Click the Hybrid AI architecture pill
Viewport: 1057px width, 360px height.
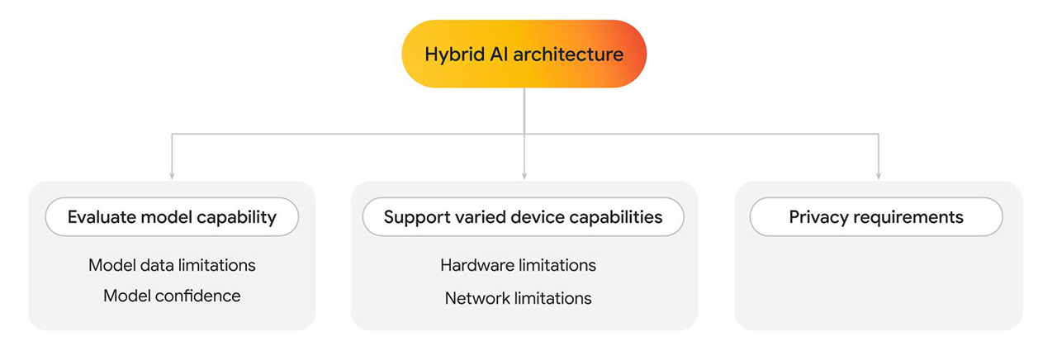pos(524,54)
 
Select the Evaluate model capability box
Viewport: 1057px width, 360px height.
pos(172,217)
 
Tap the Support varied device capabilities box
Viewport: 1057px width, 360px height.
pos(524,217)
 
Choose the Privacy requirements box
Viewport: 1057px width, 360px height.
pos(876,217)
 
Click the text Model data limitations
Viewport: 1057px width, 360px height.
pos(172,265)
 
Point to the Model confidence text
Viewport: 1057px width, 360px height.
pos(172,296)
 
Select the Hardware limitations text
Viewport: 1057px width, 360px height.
pos(518,265)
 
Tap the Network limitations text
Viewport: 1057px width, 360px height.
pos(518,298)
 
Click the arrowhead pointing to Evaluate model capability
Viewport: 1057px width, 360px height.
pos(172,174)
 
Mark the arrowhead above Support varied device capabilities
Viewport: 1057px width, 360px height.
pos(524,174)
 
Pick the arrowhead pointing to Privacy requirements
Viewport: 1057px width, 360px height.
pos(878,174)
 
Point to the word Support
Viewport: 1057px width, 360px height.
pos(416,217)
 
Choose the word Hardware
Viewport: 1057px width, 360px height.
pos(477,265)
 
